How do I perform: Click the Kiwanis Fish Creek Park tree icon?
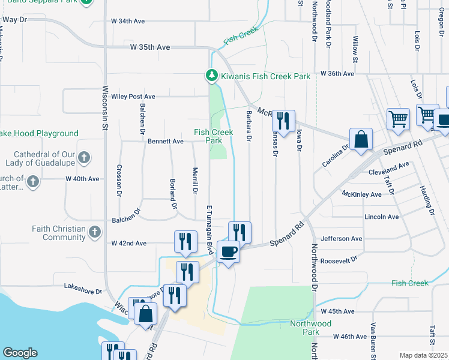pos(211,76)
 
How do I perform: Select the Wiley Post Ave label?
pos(133,96)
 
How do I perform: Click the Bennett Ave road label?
pos(165,142)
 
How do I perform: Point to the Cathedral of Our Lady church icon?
pos(84,158)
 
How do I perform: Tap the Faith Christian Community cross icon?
pos(94,232)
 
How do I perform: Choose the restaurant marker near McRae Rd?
pos(283,120)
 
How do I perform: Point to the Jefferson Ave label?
pos(342,239)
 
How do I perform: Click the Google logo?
pos(20,353)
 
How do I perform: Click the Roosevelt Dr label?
pos(339,260)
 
